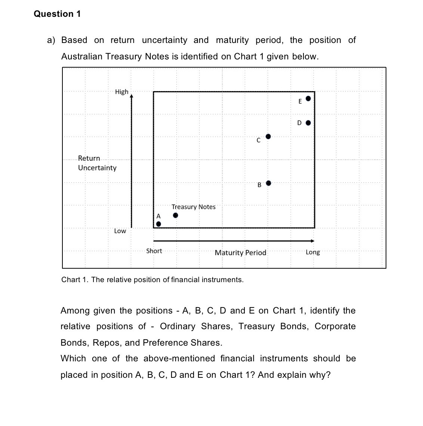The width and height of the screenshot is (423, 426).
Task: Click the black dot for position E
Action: [308, 99]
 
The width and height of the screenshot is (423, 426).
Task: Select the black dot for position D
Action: [308, 123]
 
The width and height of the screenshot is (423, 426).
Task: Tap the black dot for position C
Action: [268, 137]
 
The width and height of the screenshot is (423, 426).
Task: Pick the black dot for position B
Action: [268, 183]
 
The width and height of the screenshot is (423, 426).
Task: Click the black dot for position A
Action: [158, 224]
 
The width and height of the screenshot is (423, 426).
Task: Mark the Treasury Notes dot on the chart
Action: [175, 216]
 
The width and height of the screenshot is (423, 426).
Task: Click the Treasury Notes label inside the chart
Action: [193, 207]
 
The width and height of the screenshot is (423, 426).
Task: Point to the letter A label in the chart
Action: [158, 216]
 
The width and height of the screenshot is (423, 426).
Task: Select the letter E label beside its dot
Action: [300, 101]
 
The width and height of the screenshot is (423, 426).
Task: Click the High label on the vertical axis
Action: [121, 92]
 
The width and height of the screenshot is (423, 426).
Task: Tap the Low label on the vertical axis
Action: [120, 231]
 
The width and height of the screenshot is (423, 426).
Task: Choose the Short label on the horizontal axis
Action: [154, 251]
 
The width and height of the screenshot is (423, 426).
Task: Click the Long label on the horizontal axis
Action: [312, 252]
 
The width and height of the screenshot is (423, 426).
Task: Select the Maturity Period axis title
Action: [240, 253]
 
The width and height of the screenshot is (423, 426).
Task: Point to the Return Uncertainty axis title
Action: [97, 163]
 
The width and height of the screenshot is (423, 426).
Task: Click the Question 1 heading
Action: [57, 14]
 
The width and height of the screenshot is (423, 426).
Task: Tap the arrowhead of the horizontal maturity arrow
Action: [312, 241]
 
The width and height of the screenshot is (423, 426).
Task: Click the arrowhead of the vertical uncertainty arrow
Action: [131, 96]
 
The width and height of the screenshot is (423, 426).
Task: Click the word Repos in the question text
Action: [106, 343]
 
